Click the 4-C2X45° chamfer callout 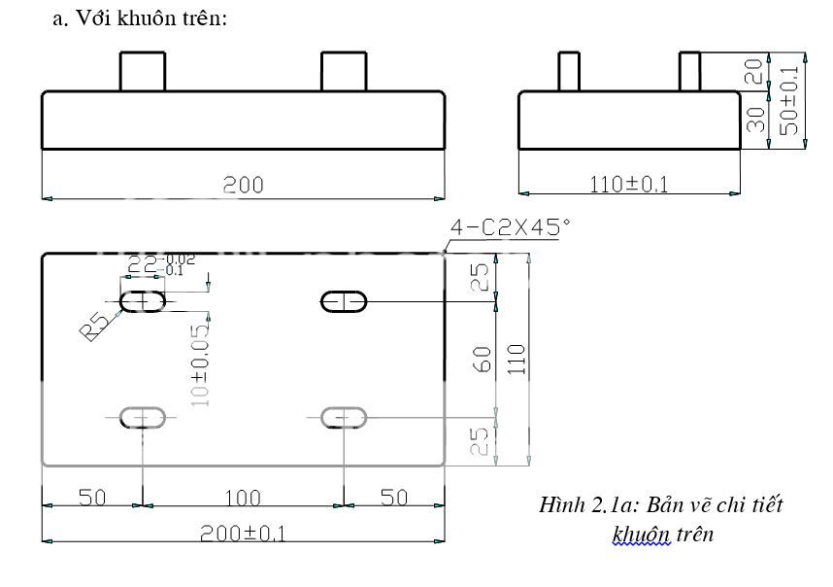coord(508,228)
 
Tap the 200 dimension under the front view coord(243,185)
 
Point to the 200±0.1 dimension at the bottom coord(243,532)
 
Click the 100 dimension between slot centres coord(242,498)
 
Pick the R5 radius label coord(94,326)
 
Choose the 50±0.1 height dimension coord(788,101)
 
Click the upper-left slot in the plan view coord(143,302)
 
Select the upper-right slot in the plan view coord(344,302)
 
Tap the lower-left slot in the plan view coord(143,418)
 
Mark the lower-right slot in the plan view coord(344,418)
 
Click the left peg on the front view coord(143,72)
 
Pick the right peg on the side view coord(689,72)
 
